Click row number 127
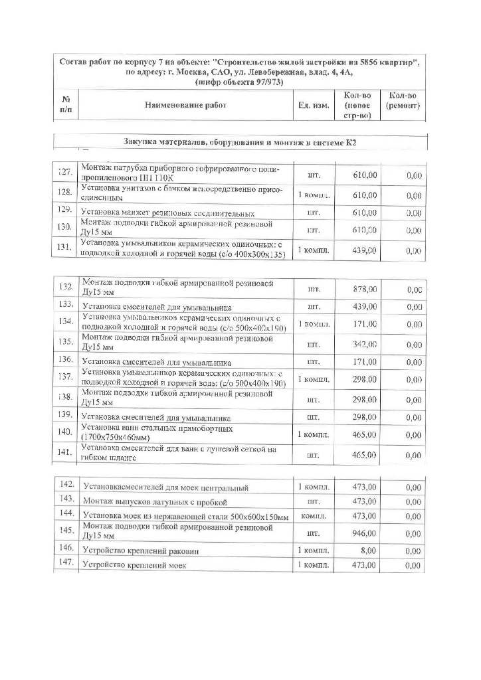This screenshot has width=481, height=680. point(65,172)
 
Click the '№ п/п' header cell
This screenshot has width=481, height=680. point(66,106)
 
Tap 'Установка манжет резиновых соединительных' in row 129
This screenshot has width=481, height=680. point(167,214)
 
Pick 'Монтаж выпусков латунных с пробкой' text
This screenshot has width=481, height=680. point(155,501)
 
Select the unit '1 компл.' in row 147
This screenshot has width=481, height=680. point(314,565)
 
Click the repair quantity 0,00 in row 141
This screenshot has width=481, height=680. point(414,456)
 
